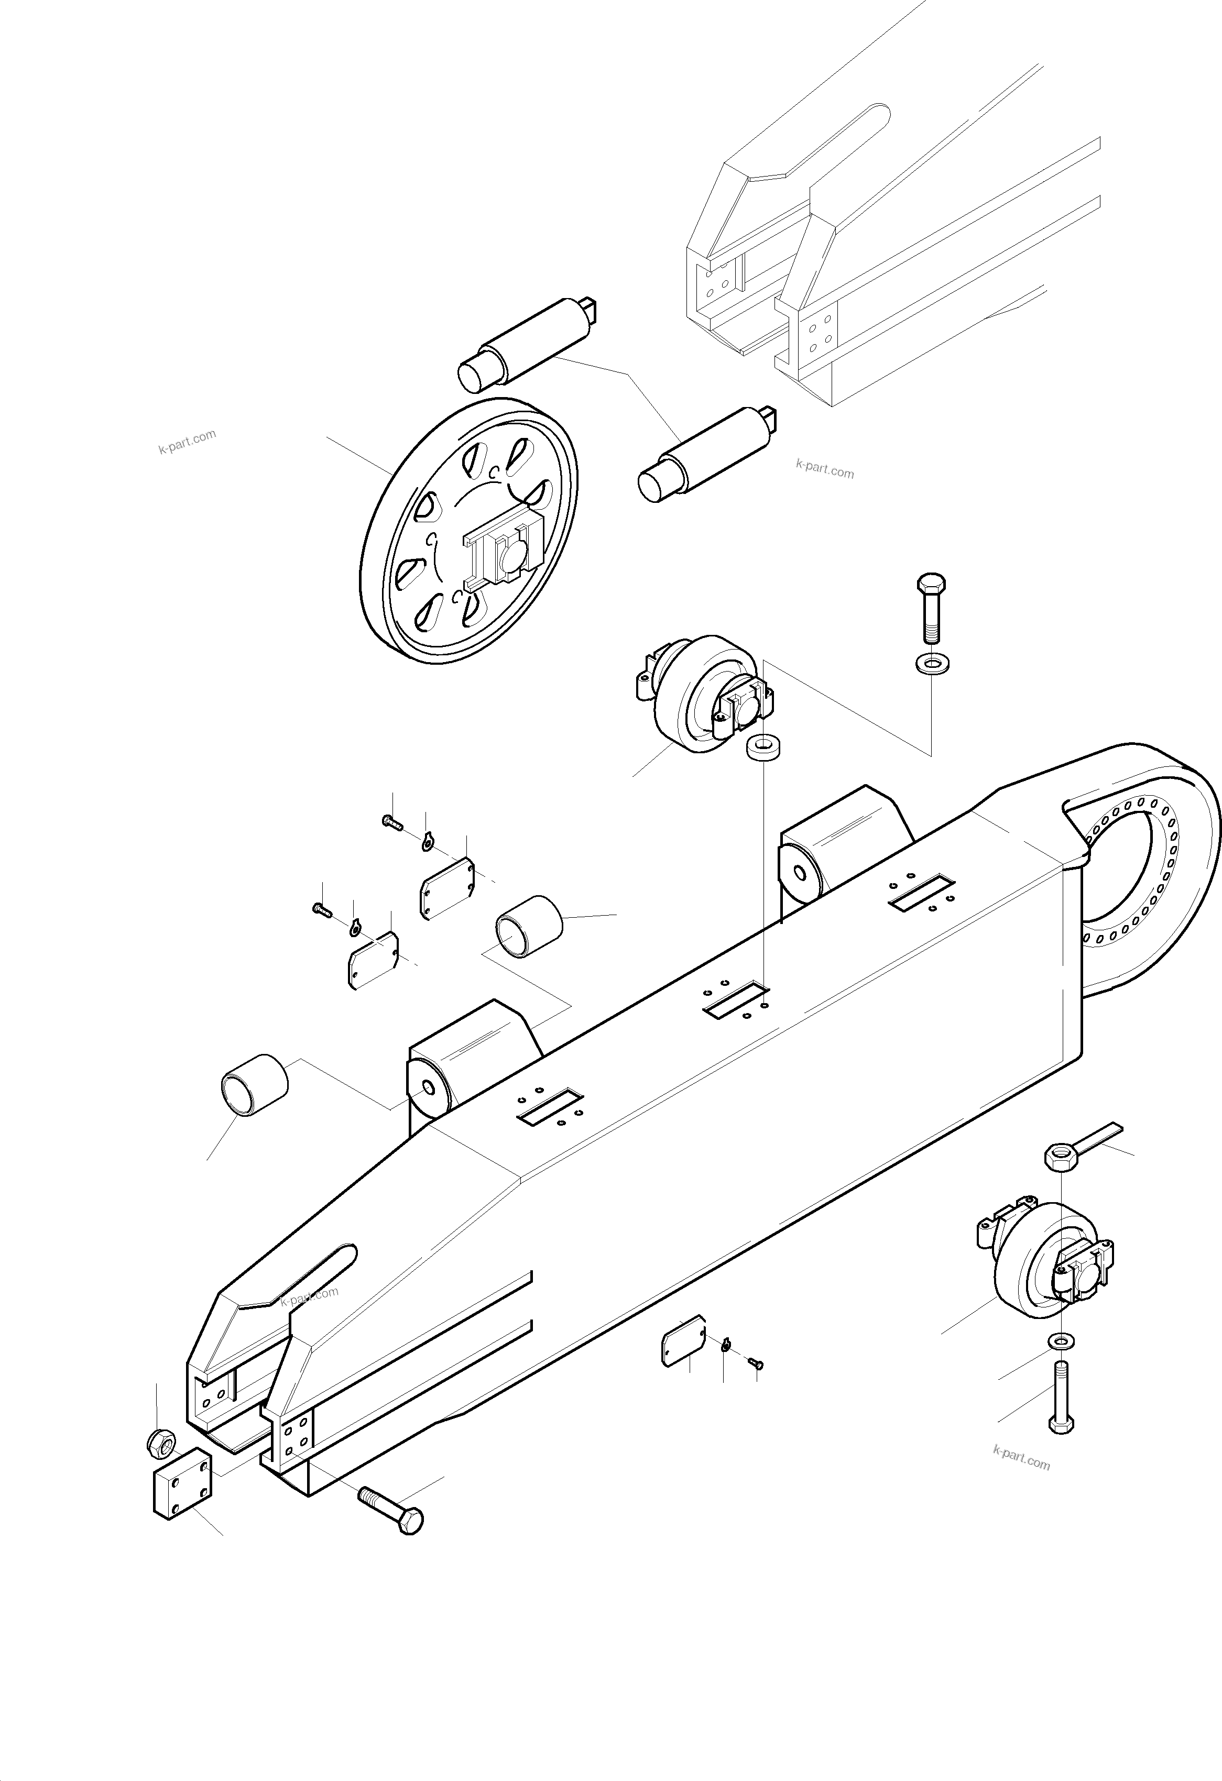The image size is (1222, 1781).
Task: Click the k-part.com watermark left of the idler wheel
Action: (x=187, y=442)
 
